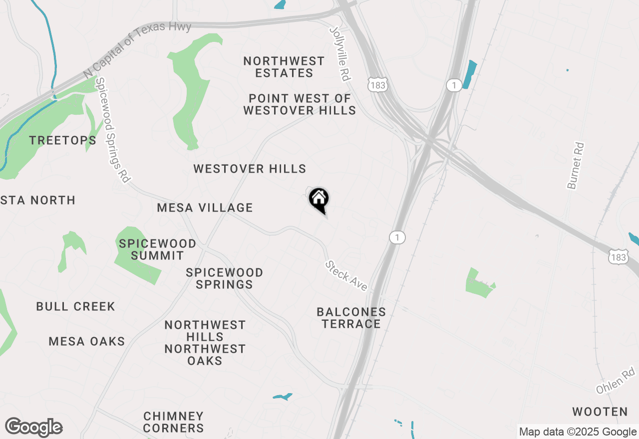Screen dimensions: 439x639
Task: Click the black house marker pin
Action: [319, 200]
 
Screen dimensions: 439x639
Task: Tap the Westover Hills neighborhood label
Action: [250, 169]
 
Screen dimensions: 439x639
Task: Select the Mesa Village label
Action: [205, 208]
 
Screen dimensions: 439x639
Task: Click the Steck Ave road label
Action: [346, 276]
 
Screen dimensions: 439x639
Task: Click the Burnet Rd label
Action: [576, 166]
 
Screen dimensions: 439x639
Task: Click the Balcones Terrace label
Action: [351, 318]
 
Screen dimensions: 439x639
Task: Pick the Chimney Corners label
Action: [173, 422]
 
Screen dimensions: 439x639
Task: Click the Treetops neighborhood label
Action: [62, 141]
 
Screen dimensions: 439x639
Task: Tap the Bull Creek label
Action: [75, 306]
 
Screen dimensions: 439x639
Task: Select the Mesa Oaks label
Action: [87, 342]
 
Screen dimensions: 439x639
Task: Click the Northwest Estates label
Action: [284, 67]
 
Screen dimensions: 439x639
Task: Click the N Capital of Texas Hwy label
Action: [137, 49]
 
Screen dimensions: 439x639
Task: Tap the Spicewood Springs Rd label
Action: [112, 130]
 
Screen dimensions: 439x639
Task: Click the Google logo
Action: [33, 428]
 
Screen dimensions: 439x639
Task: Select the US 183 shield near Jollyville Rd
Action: [377, 85]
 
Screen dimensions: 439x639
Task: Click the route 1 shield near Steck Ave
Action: [397, 237]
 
